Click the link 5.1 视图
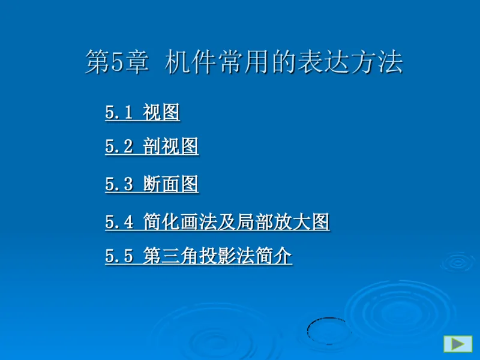coord(143,112)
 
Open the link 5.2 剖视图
coord(152,146)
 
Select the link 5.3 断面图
coord(152,184)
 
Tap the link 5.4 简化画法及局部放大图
coord(217,223)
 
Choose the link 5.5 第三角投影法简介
coord(199,257)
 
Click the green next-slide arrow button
coord(458,344)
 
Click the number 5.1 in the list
coord(119,112)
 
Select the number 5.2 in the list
coord(119,146)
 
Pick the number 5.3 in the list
coord(119,184)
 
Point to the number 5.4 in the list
coord(119,223)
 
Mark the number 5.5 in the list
coord(119,257)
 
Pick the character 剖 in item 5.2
coord(152,146)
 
